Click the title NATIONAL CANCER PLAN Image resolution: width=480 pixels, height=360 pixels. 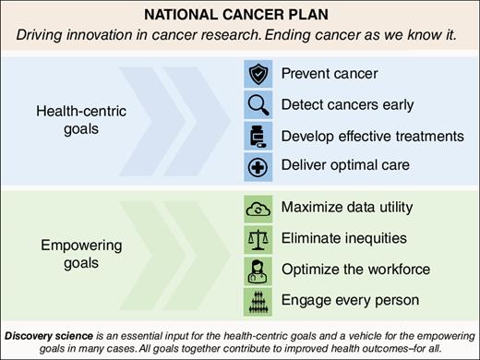pos(239,16)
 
